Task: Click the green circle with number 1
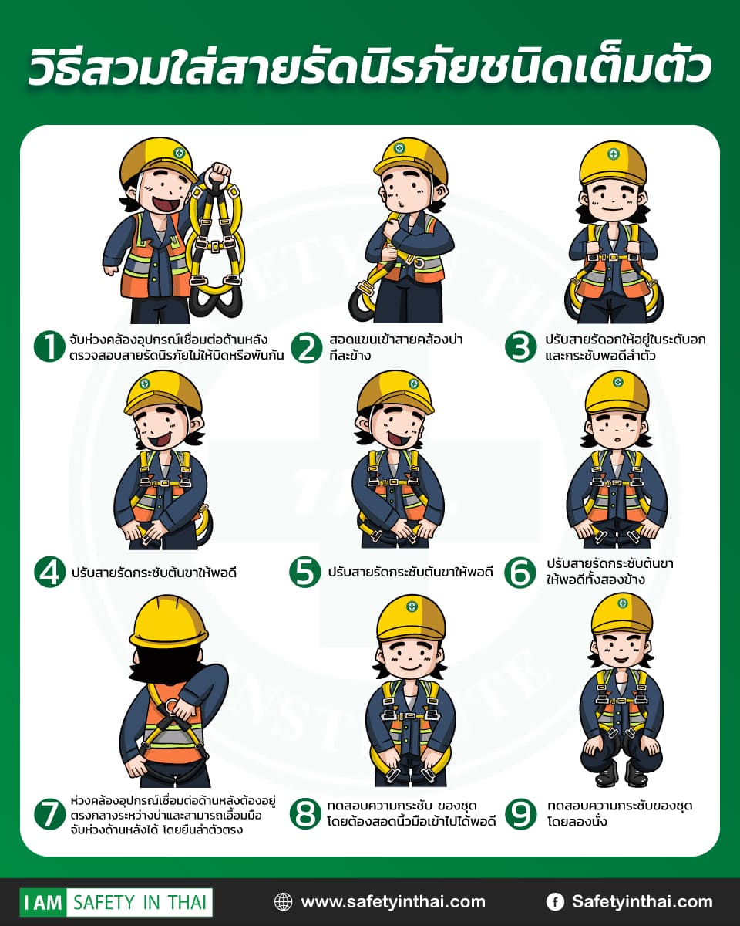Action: (49, 346)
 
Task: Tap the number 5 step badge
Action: (304, 572)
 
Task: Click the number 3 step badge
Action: (521, 346)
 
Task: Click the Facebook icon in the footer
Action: (555, 901)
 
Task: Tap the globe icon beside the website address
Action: (283, 901)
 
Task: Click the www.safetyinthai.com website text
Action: (393, 901)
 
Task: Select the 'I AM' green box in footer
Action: (43, 902)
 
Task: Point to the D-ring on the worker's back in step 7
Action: (172, 705)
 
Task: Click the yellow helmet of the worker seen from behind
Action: (169, 622)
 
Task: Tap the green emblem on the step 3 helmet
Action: (613, 154)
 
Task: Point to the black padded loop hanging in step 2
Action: (360, 303)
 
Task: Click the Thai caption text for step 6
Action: (610, 572)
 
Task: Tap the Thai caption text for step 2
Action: (395, 347)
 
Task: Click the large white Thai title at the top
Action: (370, 67)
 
